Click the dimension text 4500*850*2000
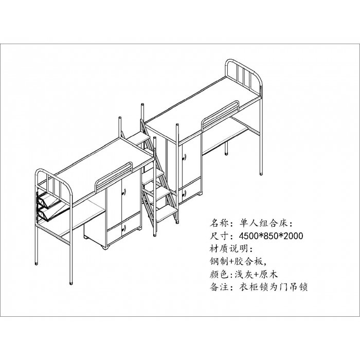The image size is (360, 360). point(271,236)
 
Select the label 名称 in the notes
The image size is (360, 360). point(218,223)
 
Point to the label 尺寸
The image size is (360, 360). point(218,236)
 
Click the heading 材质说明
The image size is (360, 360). point(227,248)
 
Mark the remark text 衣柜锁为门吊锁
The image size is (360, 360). point(273,287)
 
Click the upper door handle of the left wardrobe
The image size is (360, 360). point(124,191)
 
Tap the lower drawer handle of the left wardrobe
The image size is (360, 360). point(124,228)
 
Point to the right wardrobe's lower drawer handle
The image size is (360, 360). point(184,193)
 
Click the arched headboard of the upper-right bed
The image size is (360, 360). point(244,75)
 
